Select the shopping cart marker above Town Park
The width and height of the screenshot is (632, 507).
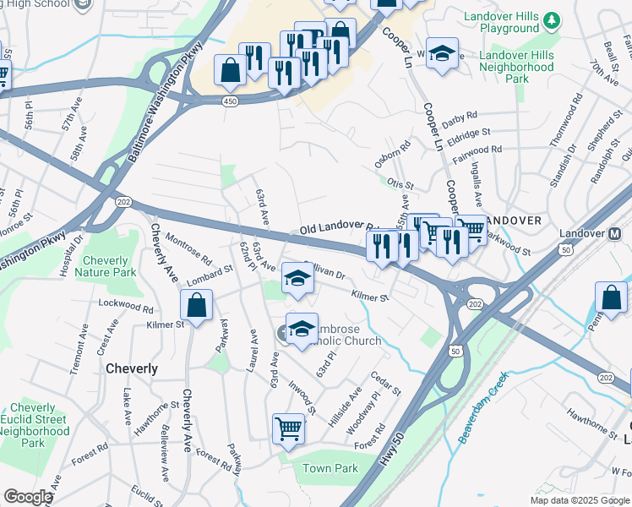[289, 429]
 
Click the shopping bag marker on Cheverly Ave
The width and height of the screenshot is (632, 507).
[196, 306]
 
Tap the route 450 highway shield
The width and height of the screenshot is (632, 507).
[231, 101]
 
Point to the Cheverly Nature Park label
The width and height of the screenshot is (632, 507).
[106, 267]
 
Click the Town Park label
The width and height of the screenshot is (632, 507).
[330, 468]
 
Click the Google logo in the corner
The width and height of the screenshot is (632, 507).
[27, 497]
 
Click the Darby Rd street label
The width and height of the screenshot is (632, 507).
[460, 115]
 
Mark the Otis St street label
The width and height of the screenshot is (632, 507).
[400, 184]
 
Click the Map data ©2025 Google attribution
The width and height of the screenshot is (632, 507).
[580, 500]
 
